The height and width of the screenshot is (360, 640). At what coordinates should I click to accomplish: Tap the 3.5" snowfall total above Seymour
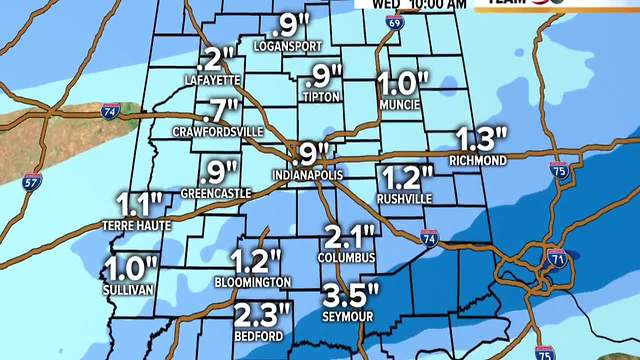351,295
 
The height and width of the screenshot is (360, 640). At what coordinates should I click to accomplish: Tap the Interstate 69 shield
396,20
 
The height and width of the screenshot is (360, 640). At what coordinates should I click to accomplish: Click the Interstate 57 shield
33,182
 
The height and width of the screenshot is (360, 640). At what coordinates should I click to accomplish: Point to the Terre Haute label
138,226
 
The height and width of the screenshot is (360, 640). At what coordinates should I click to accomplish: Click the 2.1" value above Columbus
350,237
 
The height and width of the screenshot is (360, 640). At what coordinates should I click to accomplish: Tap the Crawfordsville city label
217,130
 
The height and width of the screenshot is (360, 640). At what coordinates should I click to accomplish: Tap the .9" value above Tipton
321,75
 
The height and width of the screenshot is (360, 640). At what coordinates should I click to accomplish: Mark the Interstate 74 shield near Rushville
428,237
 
